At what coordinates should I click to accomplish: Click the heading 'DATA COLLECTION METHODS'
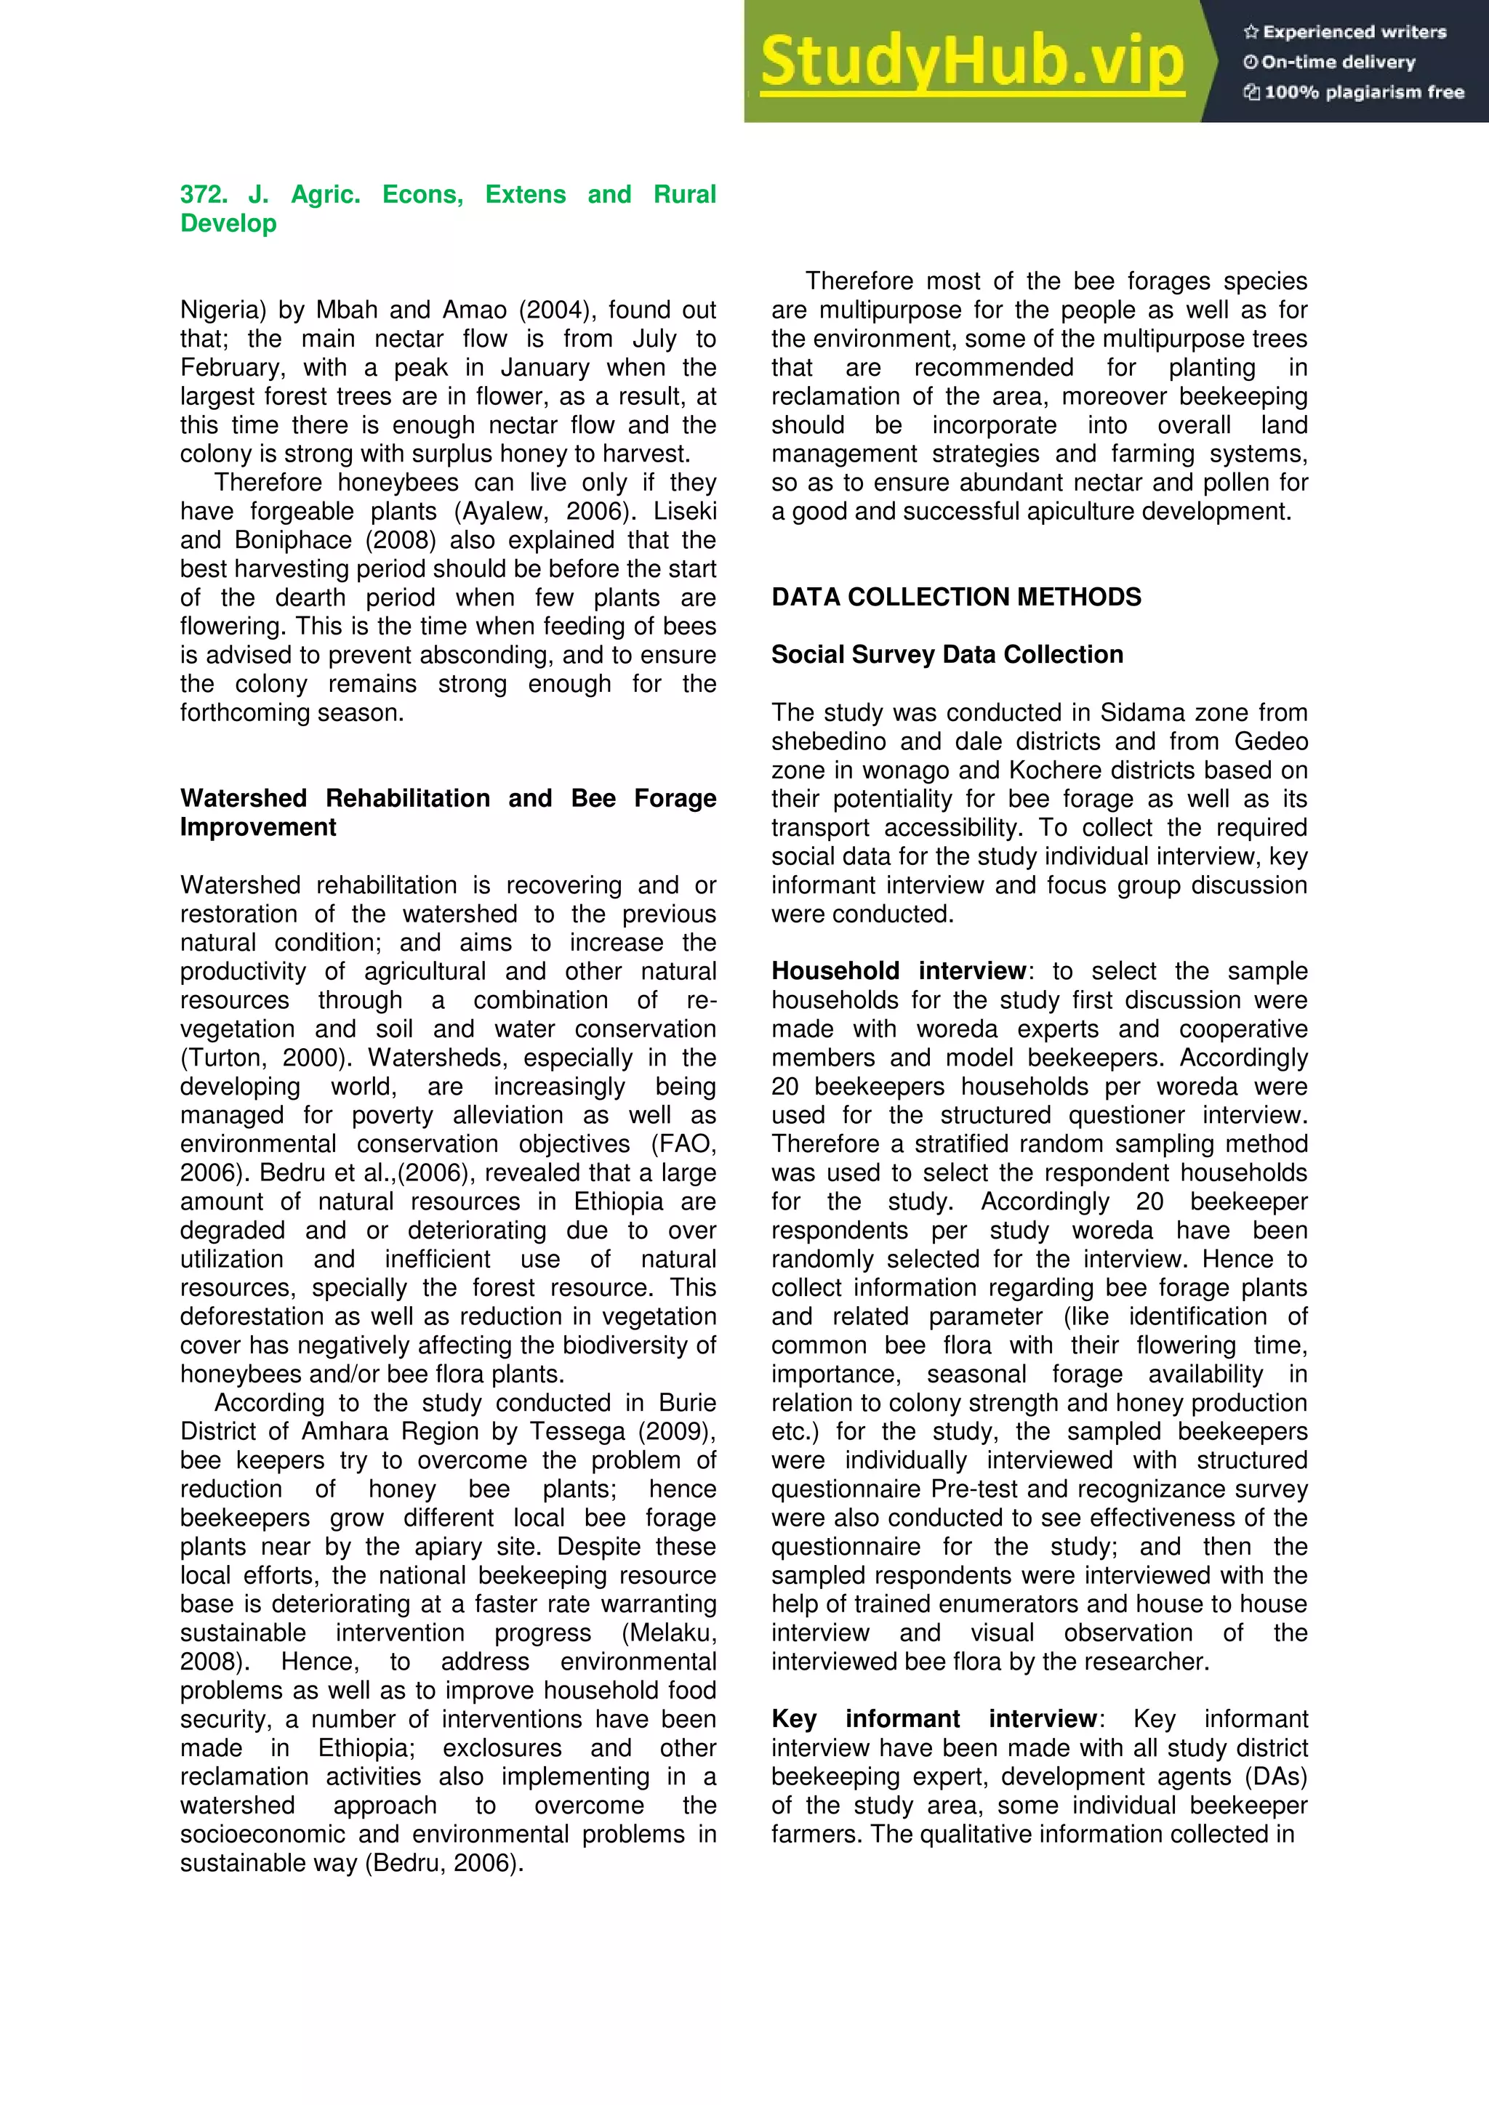955,597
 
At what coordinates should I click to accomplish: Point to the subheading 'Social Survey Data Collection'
946,655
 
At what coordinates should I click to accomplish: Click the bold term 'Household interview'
899,971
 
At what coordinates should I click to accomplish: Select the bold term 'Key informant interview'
934,1719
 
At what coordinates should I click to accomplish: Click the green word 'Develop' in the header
228,224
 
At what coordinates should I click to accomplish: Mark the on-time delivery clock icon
1250,63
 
